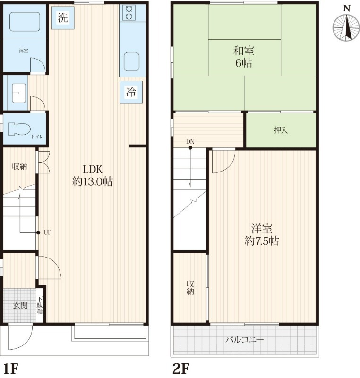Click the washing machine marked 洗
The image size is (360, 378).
click(x=63, y=17)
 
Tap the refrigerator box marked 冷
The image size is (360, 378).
click(x=131, y=92)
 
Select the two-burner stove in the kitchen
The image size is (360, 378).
click(x=129, y=13)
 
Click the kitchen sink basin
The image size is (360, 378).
click(x=131, y=62)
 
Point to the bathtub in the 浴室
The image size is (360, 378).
click(x=25, y=22)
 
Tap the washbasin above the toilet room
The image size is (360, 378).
click(x=19, y=93)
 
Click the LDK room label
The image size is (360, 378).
click(x=93, y=170)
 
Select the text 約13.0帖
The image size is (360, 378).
click(x=93, y=181)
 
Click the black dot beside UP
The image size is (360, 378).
click(x=38, y=232)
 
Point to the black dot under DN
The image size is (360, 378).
click(x=190, y=148)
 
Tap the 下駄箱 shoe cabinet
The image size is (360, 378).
click(x=40, y=305)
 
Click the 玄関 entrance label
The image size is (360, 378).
click(x=20, y=306)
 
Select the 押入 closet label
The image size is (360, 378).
click(x=281, y=130)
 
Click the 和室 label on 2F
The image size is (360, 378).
click(x=244, y=51)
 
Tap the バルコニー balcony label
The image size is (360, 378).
click(x=245, y=340)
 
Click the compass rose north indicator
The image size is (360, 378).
click(x=346, y=27)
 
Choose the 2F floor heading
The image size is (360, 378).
click(x=181, y=369)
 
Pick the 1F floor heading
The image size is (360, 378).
click(x=11, y=369)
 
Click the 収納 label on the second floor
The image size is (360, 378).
click(x=190, y=288)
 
